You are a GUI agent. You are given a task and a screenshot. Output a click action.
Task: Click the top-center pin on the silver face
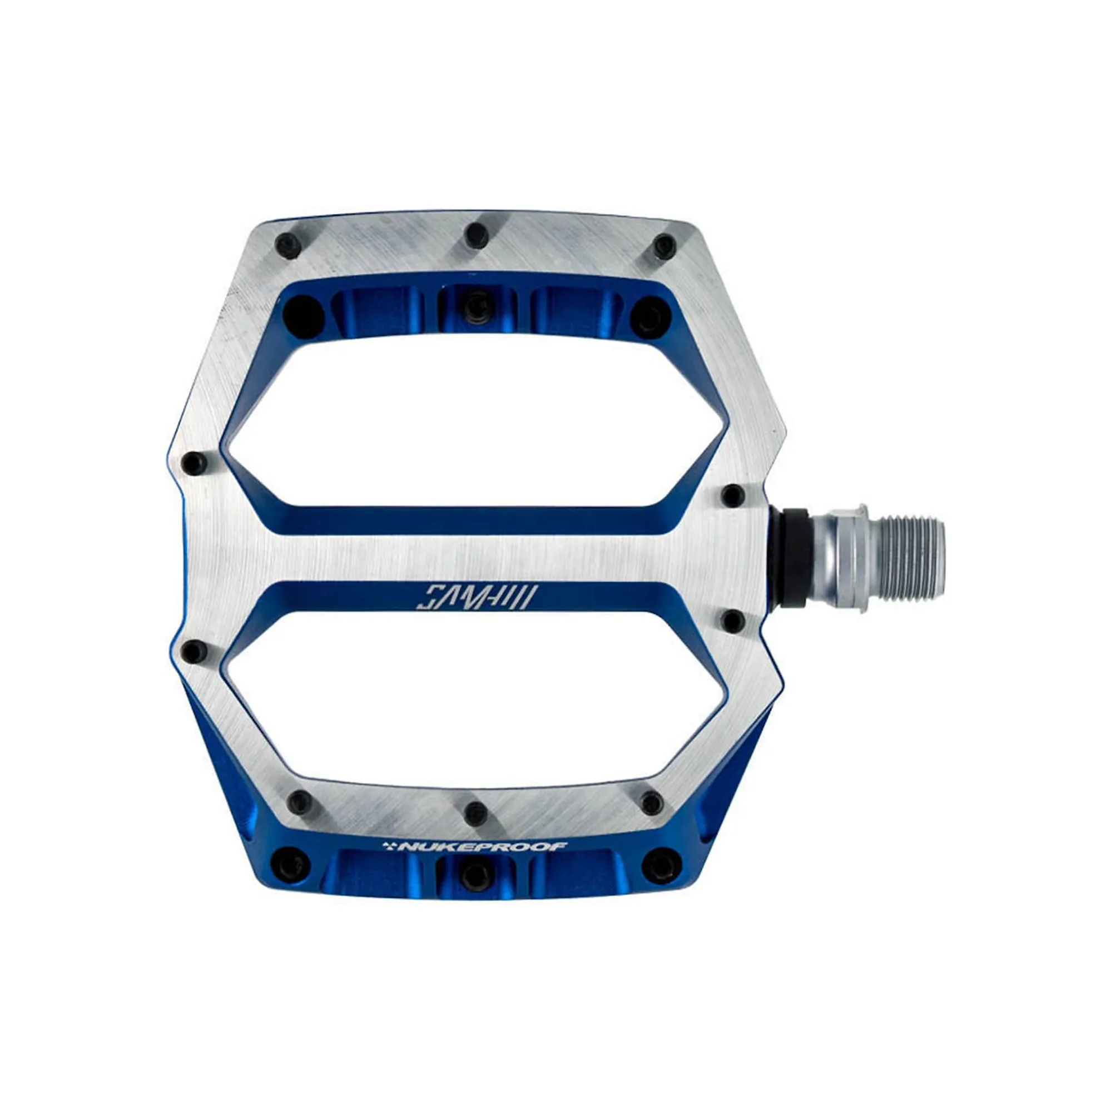click(x=477, y=234)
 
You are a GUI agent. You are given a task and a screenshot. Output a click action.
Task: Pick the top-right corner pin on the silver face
click(x=664, y=246)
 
